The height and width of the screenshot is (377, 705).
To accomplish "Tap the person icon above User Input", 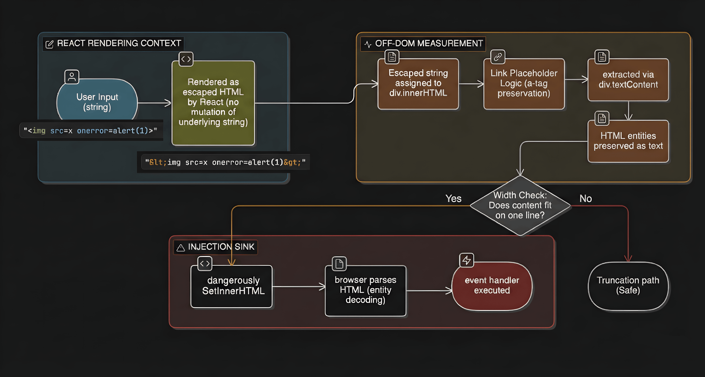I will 72,77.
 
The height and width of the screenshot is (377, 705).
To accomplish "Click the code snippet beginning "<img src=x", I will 90,131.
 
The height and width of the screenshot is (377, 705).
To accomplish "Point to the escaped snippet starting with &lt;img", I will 225,162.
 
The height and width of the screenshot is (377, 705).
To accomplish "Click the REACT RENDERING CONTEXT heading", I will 119,43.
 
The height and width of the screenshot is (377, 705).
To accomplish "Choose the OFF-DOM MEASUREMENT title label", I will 429,43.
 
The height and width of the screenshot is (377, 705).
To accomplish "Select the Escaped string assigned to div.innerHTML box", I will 418,83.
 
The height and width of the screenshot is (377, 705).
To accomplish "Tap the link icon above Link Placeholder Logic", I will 498,57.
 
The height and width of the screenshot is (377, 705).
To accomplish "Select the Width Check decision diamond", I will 520,205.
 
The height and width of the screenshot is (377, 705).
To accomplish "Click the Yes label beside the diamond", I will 453,199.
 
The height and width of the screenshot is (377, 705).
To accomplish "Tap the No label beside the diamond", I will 585,199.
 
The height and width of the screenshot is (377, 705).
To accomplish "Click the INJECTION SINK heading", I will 221,247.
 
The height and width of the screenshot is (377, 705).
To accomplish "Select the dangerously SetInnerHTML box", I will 233,286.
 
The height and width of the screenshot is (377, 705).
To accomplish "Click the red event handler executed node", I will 492,285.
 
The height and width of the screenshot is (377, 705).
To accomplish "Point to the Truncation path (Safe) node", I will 628,285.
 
